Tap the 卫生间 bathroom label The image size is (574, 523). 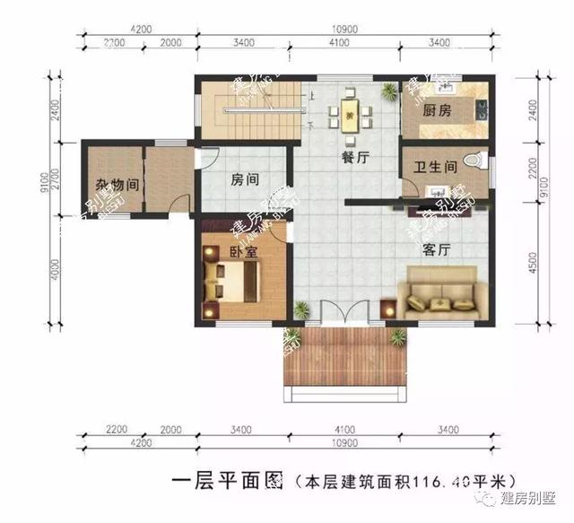(x=437, y=167)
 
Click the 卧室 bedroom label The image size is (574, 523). (x=243, y=252)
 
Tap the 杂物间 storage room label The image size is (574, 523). (x=117, y=186)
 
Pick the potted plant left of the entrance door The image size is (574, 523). (x=303, y=310)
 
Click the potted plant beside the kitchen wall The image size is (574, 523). (x=388, y=91)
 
